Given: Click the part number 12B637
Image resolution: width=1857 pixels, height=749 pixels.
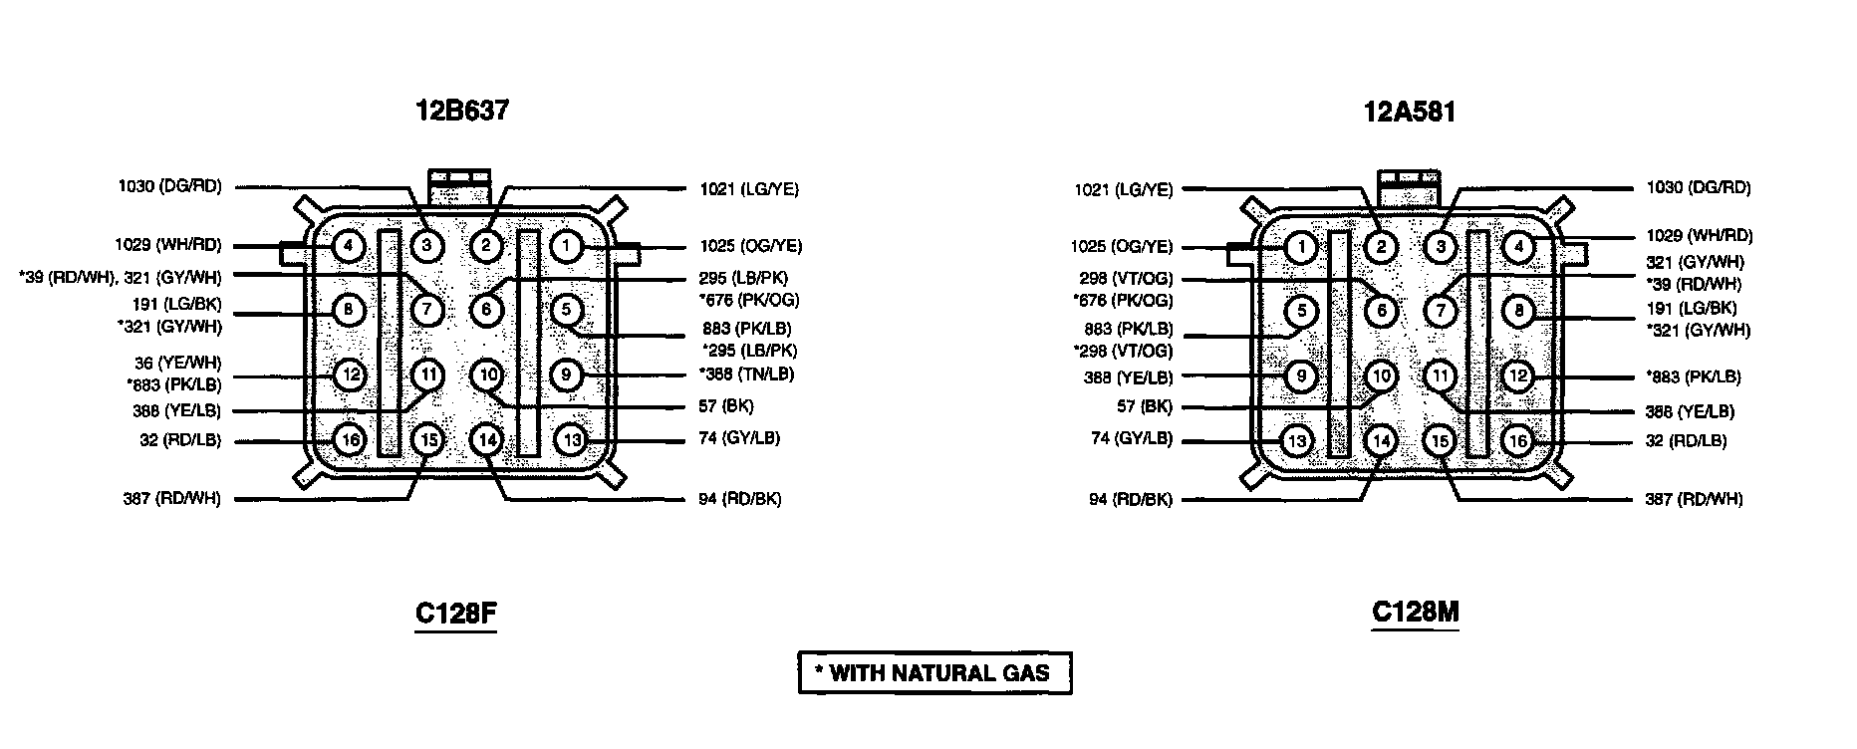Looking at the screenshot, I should click(461, 111).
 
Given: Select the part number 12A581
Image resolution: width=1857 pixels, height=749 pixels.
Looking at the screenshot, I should click(1409, 113).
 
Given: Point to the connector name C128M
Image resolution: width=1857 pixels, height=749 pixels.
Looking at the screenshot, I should click(1415, 612).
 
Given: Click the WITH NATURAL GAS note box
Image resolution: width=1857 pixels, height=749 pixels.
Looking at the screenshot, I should click(934, 672).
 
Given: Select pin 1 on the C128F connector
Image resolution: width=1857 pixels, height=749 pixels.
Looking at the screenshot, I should click(566, 245).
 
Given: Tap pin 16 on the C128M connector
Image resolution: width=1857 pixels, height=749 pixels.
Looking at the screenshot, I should click(1517, 440).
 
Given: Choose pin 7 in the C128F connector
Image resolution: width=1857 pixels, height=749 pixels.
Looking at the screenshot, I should click(427, 309).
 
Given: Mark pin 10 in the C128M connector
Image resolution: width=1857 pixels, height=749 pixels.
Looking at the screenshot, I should click(1380, 376).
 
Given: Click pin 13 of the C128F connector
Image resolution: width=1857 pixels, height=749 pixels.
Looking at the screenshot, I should click(570, 439).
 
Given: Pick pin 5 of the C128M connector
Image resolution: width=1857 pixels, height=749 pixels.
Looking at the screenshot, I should click(1300, 312).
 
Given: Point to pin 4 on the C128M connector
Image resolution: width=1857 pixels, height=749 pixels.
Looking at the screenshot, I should click(1517, 246).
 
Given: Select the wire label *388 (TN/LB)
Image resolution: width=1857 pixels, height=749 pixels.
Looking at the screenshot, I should click(746, 374).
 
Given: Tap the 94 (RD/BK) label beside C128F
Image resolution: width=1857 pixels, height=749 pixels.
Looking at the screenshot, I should click(739, 498).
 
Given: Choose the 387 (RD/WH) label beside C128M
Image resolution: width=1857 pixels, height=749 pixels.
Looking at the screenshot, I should click(1693, 498).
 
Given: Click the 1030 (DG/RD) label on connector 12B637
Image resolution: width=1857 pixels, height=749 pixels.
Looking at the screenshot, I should click(169, 186).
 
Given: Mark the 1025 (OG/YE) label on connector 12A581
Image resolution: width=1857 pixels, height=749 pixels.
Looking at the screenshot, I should click(1122, 247).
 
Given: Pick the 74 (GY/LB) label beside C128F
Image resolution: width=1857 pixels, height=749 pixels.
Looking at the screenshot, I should click(738, 438).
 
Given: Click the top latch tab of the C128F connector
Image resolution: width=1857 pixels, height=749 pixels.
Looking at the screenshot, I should click(458, 185).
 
